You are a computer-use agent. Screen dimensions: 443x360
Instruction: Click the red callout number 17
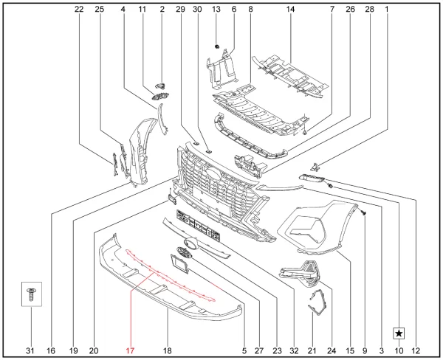(130, 350)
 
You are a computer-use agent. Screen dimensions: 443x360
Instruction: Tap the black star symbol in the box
(399, 333)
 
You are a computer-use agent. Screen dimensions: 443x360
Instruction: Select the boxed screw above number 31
(32, 294)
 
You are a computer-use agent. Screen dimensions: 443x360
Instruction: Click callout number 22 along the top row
(79, 10)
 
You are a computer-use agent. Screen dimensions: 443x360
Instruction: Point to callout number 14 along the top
(290, 10)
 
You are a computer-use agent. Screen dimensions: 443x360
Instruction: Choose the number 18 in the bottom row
(168, 350)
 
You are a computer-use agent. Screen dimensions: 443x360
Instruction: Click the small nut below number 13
(216, 46)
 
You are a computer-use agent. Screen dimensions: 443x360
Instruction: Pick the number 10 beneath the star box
(399, 350)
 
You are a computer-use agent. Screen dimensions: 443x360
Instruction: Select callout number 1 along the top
(387, 10)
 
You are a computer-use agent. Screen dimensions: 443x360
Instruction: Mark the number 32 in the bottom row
(294, 350)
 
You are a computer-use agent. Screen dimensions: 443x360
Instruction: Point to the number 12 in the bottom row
(416, 350)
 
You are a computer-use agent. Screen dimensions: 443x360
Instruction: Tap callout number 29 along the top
(181, 10)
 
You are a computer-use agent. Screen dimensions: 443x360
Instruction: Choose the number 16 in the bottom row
(51, 350)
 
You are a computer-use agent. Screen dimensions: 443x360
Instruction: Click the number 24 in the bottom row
(332, 350)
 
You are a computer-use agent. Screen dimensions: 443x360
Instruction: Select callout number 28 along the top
(370, 10)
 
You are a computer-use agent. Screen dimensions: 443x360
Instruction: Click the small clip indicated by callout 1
(315, 167)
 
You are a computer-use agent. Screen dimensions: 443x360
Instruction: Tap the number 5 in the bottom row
(244, 350)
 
